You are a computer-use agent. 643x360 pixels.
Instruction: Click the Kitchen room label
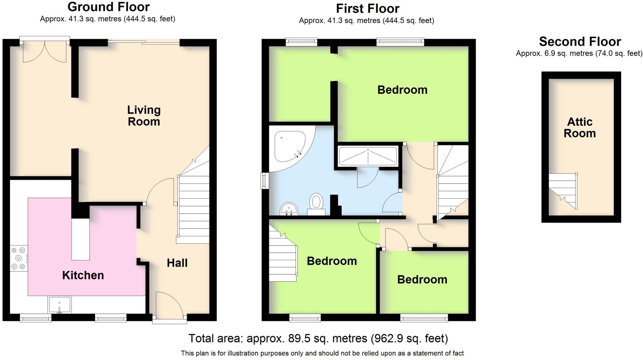[83, 275]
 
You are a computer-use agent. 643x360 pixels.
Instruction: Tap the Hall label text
[177, 263]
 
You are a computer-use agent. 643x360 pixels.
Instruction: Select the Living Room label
[144, 116]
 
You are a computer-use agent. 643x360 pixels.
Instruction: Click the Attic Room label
[580, 127]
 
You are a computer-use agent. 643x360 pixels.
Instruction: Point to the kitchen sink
[59, 304]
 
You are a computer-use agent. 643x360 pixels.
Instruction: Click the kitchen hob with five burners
[18, 258]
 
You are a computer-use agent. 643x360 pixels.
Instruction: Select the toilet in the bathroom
[316, 204]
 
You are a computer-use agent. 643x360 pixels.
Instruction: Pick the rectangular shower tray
[368, 156]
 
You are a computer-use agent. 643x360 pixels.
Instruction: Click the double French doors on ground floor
[45, 50]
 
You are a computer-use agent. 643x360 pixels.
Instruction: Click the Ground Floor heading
[109, 7]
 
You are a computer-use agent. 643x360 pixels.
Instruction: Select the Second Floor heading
[580, 41]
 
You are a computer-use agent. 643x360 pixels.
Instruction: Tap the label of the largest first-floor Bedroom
[402, 90]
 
